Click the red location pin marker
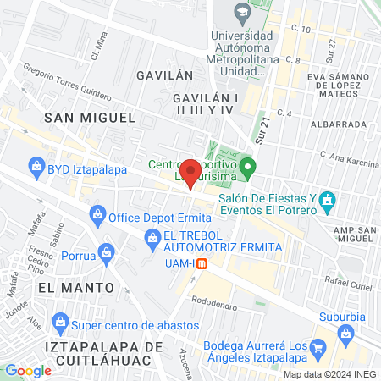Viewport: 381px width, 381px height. pos(191,173)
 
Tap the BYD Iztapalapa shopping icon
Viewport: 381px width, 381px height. pos(36,168)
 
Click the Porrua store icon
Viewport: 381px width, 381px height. pos(106,251)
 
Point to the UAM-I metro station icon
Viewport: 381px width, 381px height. pos(202,263)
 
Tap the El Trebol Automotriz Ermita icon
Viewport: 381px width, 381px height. pos(152,240)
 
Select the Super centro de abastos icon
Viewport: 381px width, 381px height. pos(60,323)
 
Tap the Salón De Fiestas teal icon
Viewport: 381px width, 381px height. pos(329,202)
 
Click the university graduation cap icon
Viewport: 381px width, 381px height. pos(243,13)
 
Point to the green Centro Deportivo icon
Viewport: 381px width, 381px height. pos(246,165)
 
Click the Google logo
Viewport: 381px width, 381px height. pos(28,370)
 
